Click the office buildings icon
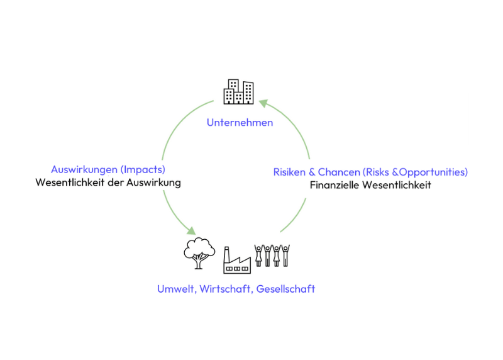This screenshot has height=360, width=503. coord(239,92)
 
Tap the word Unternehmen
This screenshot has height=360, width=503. coord(240,123)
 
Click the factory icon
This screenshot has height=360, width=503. coord(237,261)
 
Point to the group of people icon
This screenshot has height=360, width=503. coord(272,256)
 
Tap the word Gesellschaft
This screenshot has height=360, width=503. coord(286,290)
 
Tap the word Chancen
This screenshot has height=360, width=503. coord(338,172)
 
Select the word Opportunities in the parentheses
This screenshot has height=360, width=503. coord(434,172)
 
